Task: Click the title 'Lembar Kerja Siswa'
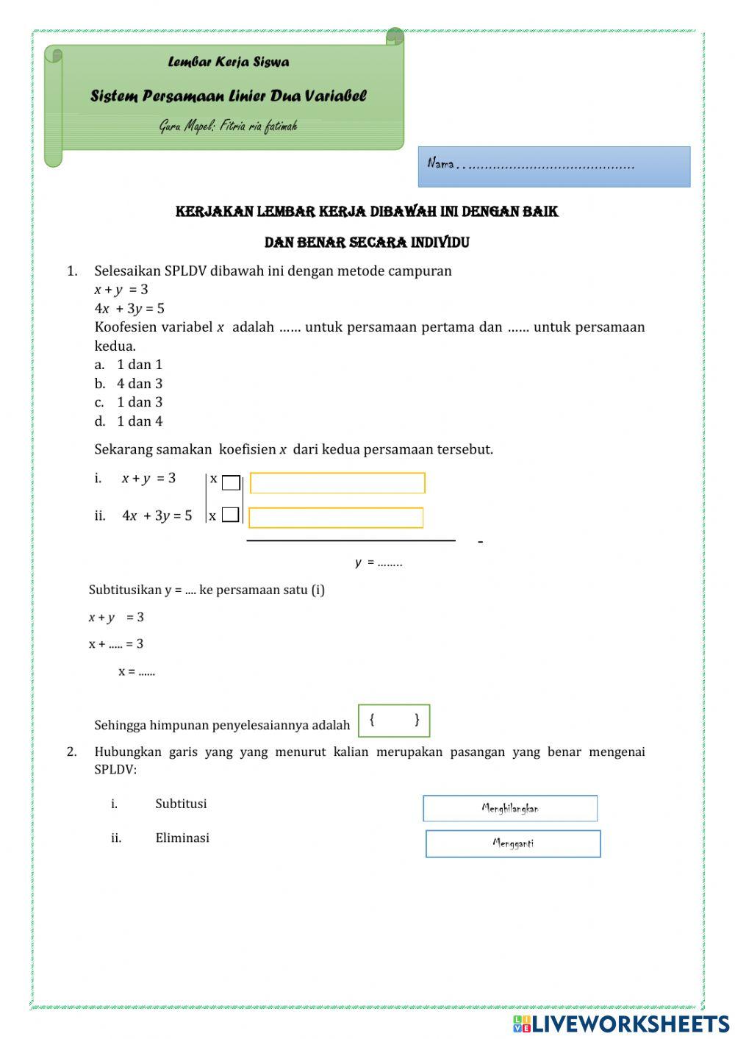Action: [228, 63]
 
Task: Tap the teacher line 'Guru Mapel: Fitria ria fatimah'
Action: [228, 126]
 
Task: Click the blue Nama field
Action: [554, 167]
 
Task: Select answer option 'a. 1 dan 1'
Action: [129, 365]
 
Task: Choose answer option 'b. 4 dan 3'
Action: [129, 384]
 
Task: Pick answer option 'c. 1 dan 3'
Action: [129, 402]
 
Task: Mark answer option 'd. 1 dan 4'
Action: [129, 421]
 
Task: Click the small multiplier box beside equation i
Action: [231, 483]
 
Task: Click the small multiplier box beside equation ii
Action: [231, 515]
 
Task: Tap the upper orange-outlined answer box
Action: [337, 483]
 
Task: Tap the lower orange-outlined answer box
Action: [336, 518]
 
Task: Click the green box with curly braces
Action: [394, 721]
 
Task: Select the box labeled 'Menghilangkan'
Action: [510, 808]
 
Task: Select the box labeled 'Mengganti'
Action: [513, 843]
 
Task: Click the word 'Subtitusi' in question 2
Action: [181, 804]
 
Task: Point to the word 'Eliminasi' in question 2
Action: [182, 838]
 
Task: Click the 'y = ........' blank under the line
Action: [379, 563]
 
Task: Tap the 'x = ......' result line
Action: [137, 671]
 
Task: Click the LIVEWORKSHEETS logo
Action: [621, 1024]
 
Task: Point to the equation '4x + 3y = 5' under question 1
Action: [129, 309]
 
